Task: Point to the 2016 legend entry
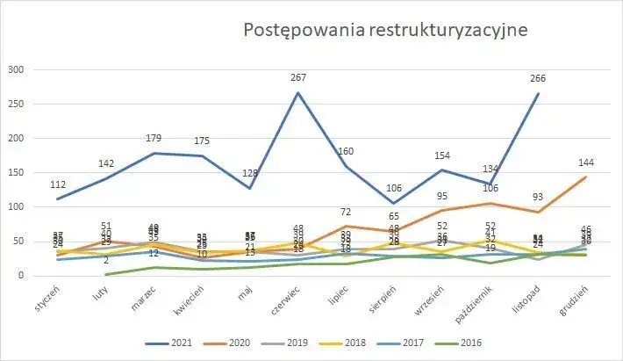click(503, 343)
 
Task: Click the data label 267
click(298, 78)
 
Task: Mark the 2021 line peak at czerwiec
click(298, 92)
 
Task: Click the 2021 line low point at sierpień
click(394, 203)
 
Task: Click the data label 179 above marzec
click(155, 138)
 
